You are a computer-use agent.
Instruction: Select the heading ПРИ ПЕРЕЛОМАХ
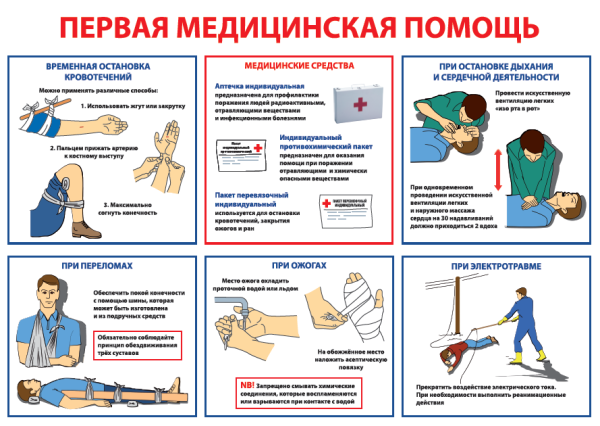pyautogui.click(x=101, y=265)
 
